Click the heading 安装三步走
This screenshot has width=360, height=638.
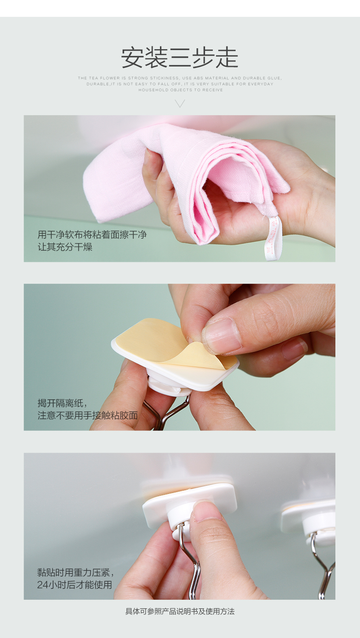(x=180, y=58)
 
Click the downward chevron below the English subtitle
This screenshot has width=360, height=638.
(x=180, y=103)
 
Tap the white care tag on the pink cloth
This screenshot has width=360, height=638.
(x=272, y=238)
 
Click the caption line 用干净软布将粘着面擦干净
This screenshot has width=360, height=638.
(x=92, y=235)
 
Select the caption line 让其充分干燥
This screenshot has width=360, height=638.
(x=65, y=247)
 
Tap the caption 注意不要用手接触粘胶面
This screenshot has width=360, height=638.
(x=87, y=416)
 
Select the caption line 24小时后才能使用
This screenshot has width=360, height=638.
(x=75, y=585)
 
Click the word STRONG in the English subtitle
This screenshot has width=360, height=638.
(x=138, y=78)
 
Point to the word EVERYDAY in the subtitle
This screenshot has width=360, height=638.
(x=261, y=84)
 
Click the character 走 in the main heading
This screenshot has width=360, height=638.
(x=227, y=58)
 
